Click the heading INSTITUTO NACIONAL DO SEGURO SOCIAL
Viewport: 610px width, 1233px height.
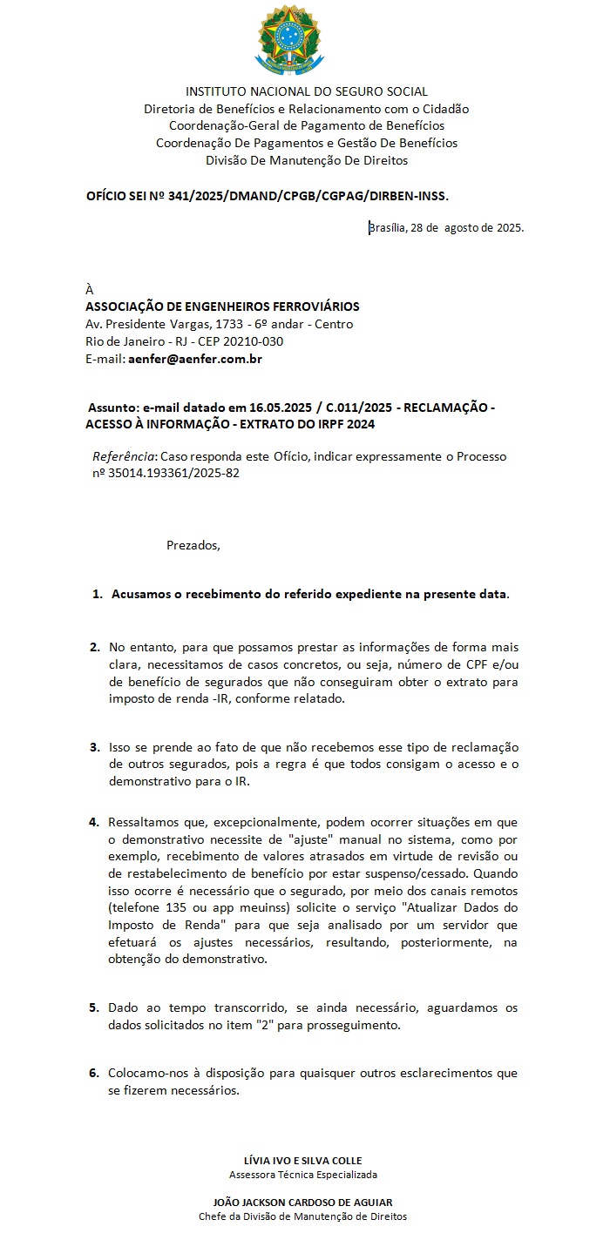tap(307, 91)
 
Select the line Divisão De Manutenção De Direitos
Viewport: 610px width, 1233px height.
tap(307, 160)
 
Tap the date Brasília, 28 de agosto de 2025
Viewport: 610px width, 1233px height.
tap(446, 228)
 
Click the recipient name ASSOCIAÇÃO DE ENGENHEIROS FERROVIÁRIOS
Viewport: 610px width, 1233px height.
tap(222, 307)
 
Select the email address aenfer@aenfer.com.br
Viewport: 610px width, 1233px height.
tap(195, 359)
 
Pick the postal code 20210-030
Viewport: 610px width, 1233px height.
tap(255, 341)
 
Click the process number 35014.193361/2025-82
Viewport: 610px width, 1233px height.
tap(173, 474)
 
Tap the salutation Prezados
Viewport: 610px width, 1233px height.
tap(193, 546)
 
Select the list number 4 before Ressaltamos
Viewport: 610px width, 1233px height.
tap(94, 821)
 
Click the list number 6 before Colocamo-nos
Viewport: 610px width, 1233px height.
tap(94, 1073)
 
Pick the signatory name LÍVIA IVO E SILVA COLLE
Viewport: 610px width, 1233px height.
tap(303, 1160)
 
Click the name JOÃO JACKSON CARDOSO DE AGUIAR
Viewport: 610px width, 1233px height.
tap(303, 1202)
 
